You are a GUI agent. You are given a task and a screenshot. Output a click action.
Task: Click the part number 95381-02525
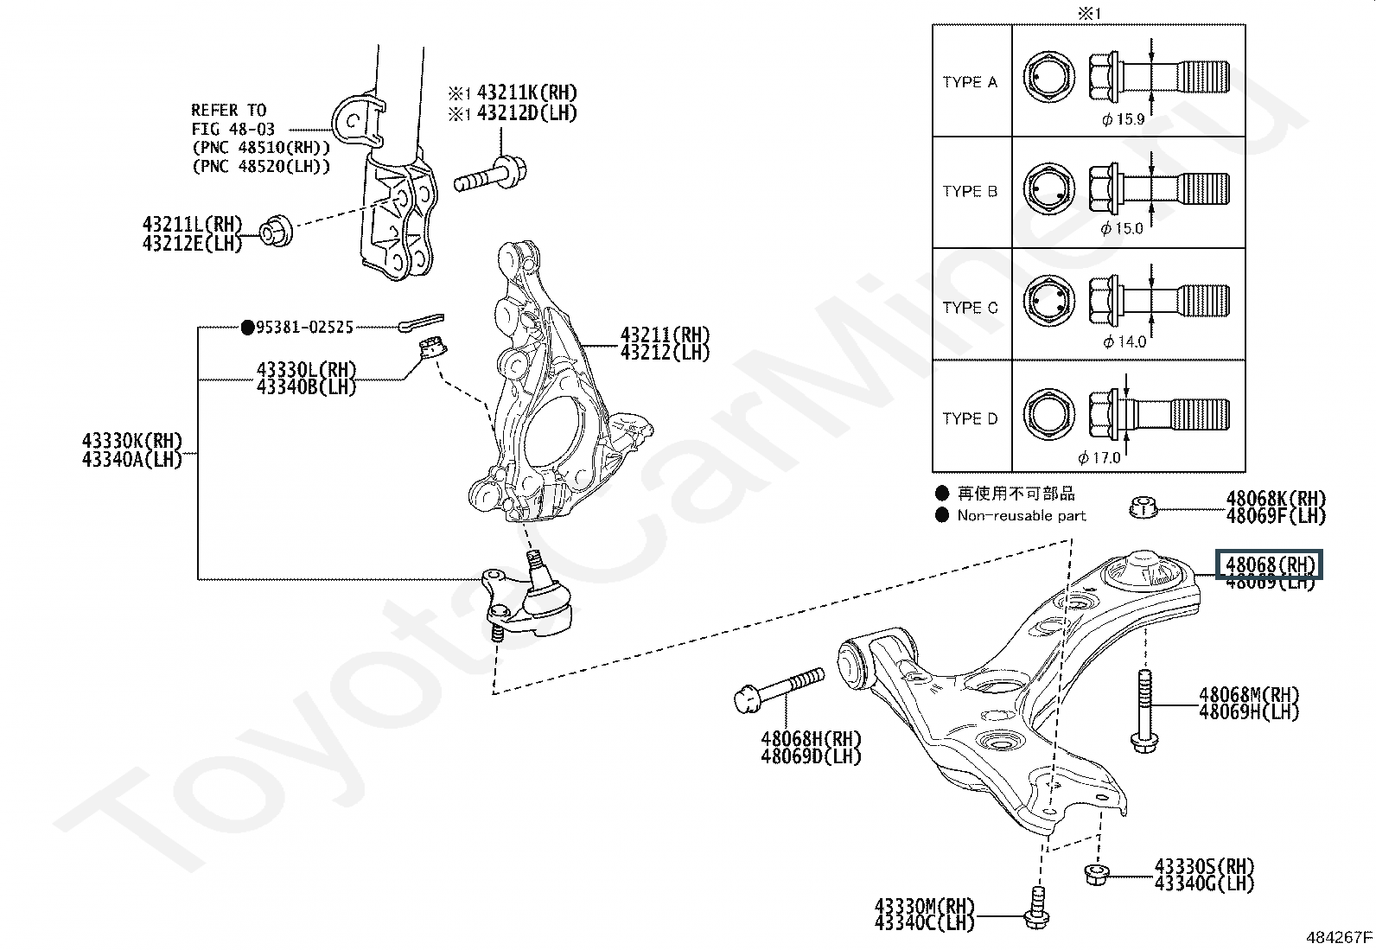(304, 328)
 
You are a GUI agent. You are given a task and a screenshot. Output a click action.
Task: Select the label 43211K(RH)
(527, 92)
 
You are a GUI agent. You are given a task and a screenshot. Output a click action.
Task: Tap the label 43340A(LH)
(132, 460)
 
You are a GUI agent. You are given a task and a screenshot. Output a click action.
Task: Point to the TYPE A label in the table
(970, 82)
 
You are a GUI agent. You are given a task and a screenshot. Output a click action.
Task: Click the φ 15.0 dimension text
(1122, 228)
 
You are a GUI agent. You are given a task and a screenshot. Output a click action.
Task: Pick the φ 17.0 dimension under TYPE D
(1099, 457)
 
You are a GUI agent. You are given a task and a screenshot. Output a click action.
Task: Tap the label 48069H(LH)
(1249, 712)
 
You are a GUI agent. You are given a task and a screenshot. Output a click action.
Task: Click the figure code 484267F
(1339, 936)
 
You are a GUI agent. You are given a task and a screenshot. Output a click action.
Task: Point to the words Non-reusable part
(1021, 516)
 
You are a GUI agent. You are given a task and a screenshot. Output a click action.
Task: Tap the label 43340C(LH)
(924, 923)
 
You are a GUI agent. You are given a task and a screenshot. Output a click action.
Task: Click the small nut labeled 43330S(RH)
(1094, 874)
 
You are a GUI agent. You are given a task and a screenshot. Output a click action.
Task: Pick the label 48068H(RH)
(811, 739)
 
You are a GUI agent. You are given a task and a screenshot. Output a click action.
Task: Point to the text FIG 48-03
(233, 129)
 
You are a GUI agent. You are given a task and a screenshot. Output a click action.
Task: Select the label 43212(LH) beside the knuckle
(665, 353)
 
